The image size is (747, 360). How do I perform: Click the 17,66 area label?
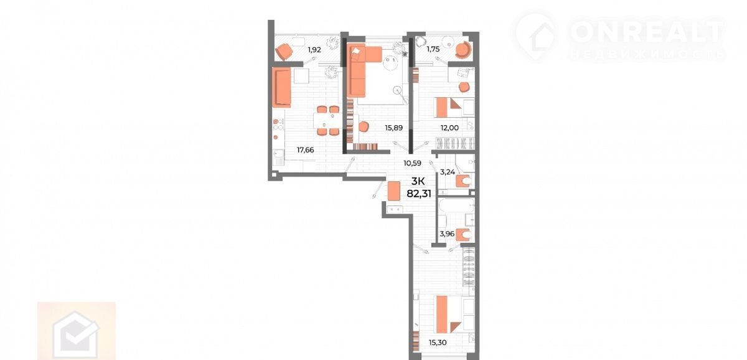click(305, 150)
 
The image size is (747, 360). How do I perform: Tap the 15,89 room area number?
click(393, 128)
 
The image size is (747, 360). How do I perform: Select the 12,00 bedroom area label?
click(449, 128)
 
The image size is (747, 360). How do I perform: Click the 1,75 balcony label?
click(433, 49)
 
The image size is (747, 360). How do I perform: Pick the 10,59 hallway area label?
click(412, 163)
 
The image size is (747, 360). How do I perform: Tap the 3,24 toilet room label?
click(447, 172)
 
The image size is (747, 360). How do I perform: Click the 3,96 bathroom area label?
click(447, 234)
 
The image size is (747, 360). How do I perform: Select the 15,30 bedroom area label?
click(438, 343)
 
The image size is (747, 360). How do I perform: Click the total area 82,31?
click(419, 194)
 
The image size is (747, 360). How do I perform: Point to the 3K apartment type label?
click(418, 181)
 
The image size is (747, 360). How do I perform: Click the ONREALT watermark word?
click(647, 32)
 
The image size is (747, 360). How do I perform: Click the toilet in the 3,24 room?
click(464, 181)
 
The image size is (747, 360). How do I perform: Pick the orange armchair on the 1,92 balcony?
click(284, 51)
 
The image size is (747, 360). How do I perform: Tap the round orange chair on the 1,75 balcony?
click(464, 50)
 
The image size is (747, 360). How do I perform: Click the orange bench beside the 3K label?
click(393, 191)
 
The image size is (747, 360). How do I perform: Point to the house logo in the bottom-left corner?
click(77, 334)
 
